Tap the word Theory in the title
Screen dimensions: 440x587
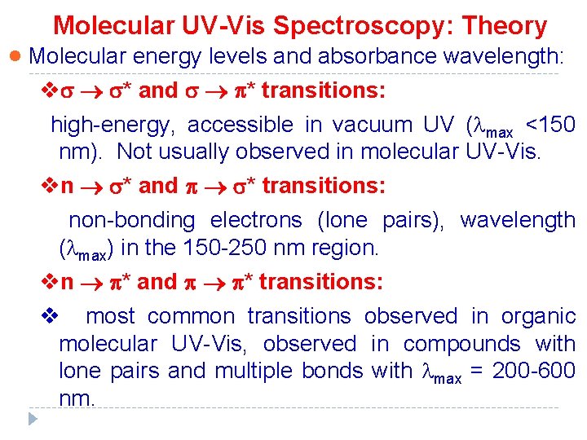click(504, 26)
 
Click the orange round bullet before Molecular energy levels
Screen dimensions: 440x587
click(15, 57)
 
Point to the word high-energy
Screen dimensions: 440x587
click(113, 125)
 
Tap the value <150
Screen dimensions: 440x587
click(550, 125)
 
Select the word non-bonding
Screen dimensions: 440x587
click(132, 220)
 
